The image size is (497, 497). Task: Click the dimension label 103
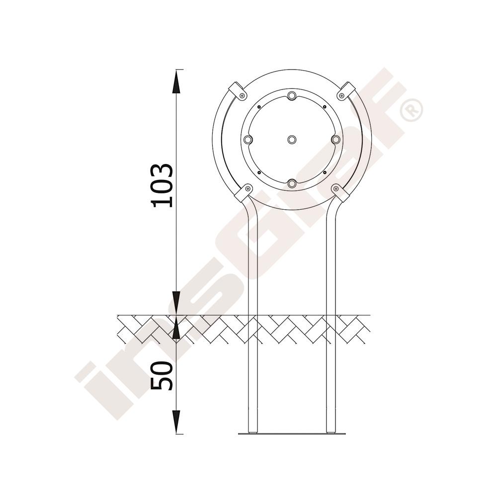click(163, 185)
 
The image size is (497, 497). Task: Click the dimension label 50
click(163, 376)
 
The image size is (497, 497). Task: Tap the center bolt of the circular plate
click(292, 139)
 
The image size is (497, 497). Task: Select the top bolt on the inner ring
click(292, 95)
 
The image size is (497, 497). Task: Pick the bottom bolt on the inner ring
click(292, 183)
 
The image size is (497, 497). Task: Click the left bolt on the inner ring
click(248, 139)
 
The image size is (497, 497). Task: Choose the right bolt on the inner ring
click(335, 139)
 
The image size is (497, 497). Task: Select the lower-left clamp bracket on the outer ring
click(243, 193)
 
